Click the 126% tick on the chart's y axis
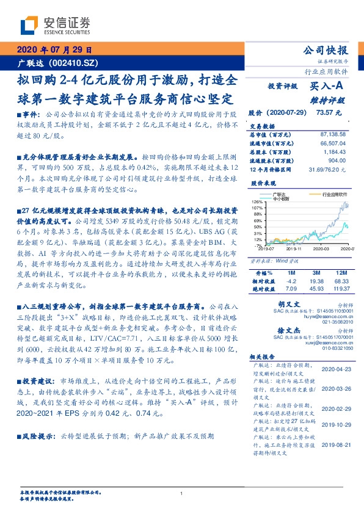[257, 201]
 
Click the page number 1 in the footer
[181, 494]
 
